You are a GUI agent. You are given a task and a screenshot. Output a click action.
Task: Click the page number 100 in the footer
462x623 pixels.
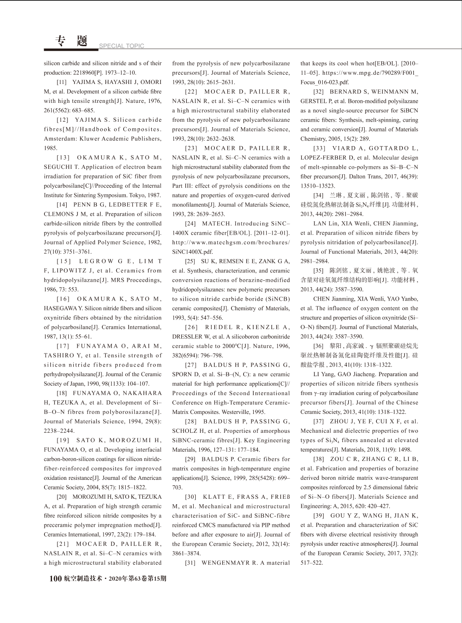tap(55, 578)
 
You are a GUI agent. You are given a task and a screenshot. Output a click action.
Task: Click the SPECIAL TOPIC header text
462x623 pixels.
tap(122, 46)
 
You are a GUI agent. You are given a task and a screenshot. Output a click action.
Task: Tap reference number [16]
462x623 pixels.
tap(63, 299)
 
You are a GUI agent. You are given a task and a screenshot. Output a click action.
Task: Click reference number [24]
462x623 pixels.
tap(190, 224)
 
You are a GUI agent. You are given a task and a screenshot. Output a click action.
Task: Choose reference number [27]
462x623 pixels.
tap(191, 365)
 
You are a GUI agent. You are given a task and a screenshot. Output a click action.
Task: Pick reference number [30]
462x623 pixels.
tap(190, 497)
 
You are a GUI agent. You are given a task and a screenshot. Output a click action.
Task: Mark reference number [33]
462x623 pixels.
tap(319, 148)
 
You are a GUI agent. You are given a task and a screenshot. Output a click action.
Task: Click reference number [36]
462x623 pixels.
tap(319, 346)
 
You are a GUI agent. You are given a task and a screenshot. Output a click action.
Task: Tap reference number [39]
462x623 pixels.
tap(319, 516)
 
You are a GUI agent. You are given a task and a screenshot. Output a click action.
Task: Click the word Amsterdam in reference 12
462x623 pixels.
tap(60, 139)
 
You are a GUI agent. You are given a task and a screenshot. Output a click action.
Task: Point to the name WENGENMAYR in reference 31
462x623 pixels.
tap(226, 563)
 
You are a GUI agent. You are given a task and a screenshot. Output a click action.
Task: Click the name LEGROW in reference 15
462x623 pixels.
tap(96, 261)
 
